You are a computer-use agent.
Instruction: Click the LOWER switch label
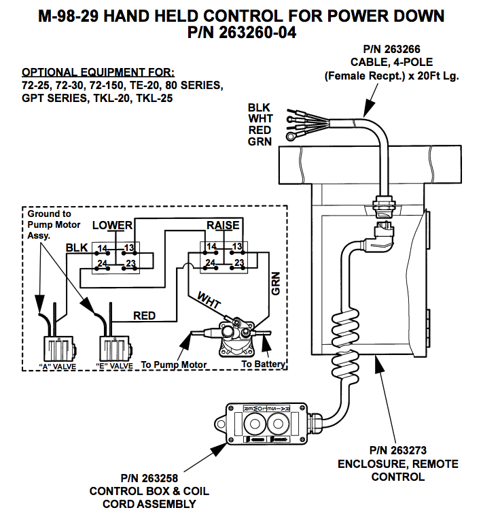coord(112,225)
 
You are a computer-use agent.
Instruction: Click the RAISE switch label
coord(223,225)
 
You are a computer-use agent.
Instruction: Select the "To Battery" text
coord(264,365)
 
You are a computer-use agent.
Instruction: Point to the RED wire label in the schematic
coord(144,316)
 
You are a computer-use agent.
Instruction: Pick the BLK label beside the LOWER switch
coord(77,248)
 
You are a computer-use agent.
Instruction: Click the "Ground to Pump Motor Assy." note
coord(54,224)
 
